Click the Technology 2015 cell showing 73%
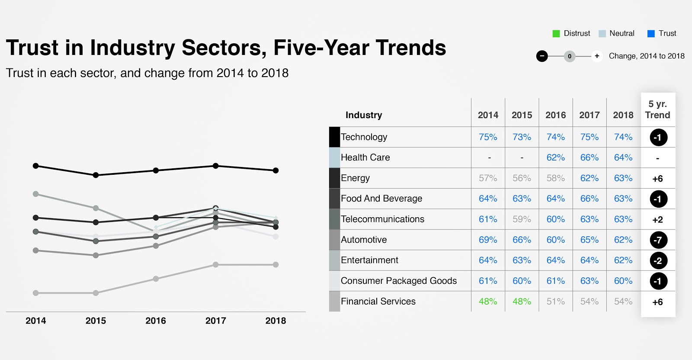click(522, 137)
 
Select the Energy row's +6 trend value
click(657, 179)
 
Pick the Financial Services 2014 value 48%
click(488, 302)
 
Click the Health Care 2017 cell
click(589, 157)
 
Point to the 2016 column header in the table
click(555, 115)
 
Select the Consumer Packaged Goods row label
click(398, 281)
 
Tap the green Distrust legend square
click(556, 34)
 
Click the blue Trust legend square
click(651, 34)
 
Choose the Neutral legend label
click(622, 33)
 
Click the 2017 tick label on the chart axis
click(215, 321)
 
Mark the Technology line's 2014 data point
click(36, 166)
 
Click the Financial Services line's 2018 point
click(276, 264)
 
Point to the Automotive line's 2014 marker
click(36, 194)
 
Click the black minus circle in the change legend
click(542, 56)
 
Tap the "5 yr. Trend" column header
click(657, 109)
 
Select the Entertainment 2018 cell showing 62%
click(623, 260)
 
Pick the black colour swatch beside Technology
click(334, 137)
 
